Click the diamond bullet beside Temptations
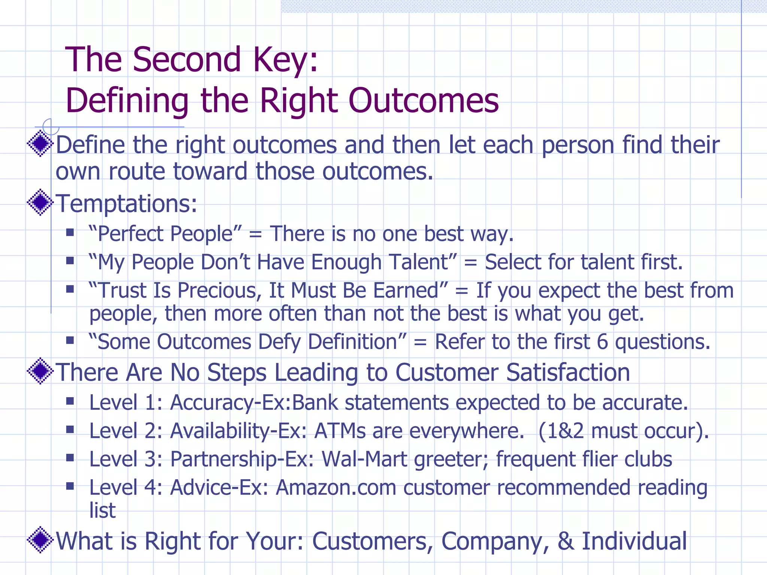[40, 203]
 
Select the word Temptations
[126, 204]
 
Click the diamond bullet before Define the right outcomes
[40, 144]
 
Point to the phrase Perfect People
[165, 234]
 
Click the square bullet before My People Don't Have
[70, 261]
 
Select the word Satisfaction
[568, 372]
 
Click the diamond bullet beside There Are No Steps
[40, 371]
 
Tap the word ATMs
[340, 431]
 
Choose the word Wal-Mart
[364, 459]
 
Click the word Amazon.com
[336, 488]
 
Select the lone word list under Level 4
[102, 510]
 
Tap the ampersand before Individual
[565, 541]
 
